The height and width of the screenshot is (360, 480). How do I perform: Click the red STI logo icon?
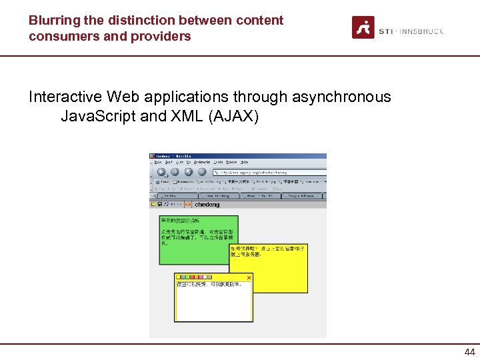click(x=363, y=27)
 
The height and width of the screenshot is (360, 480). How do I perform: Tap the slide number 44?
click(x=469, y=352)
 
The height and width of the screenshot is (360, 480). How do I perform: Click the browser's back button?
click(x=161, y=171)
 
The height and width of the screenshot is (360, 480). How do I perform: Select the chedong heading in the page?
click(x=207, y=205)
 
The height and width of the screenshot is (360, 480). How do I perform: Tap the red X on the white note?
click(x=249, y=277)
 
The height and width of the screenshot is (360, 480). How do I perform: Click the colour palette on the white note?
click(x=193, y=277)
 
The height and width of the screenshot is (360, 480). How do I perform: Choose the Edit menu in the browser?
click(x=169, y=162)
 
